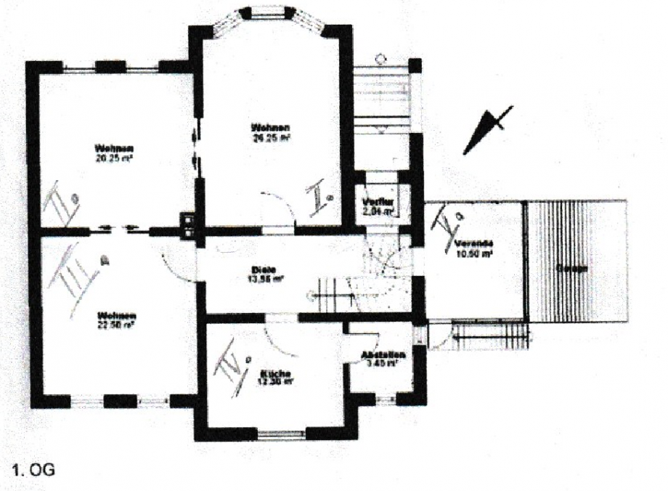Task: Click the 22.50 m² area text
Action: point(117,325)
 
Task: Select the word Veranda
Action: point(476,243)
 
